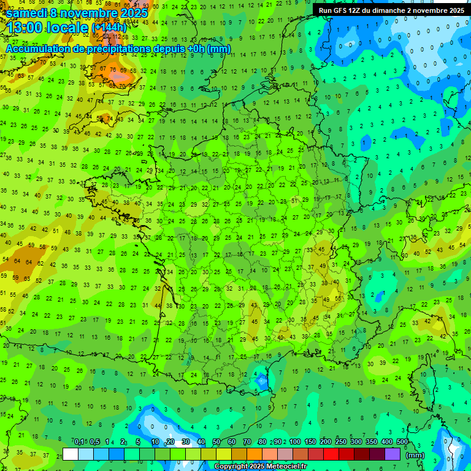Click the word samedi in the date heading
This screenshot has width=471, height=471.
(x=26, y=13)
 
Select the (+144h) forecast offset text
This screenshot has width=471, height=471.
(x=109, y=28)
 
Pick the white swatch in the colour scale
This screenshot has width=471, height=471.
(x=71, y=454)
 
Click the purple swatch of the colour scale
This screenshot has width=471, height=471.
(x=392, y=454)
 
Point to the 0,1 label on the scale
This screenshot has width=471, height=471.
(x=79, y=442)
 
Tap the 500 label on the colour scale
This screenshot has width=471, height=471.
(x=402, y=442)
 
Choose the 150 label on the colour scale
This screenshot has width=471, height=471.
(x=310, y=442)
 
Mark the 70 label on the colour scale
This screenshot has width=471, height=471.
(x=247, y=442)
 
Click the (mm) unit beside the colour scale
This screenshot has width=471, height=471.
(x=415, y=455)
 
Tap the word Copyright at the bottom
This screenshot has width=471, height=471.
(x=231, y=467)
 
